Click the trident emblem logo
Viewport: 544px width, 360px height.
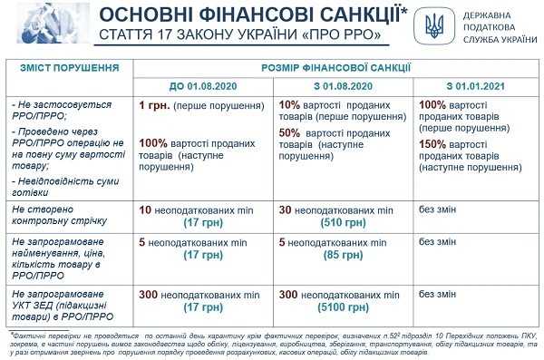433,28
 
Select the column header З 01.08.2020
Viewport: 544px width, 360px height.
342,84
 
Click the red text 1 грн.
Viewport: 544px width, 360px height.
151,104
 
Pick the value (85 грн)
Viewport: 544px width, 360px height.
342,255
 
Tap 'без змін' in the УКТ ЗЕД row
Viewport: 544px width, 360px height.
436,294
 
